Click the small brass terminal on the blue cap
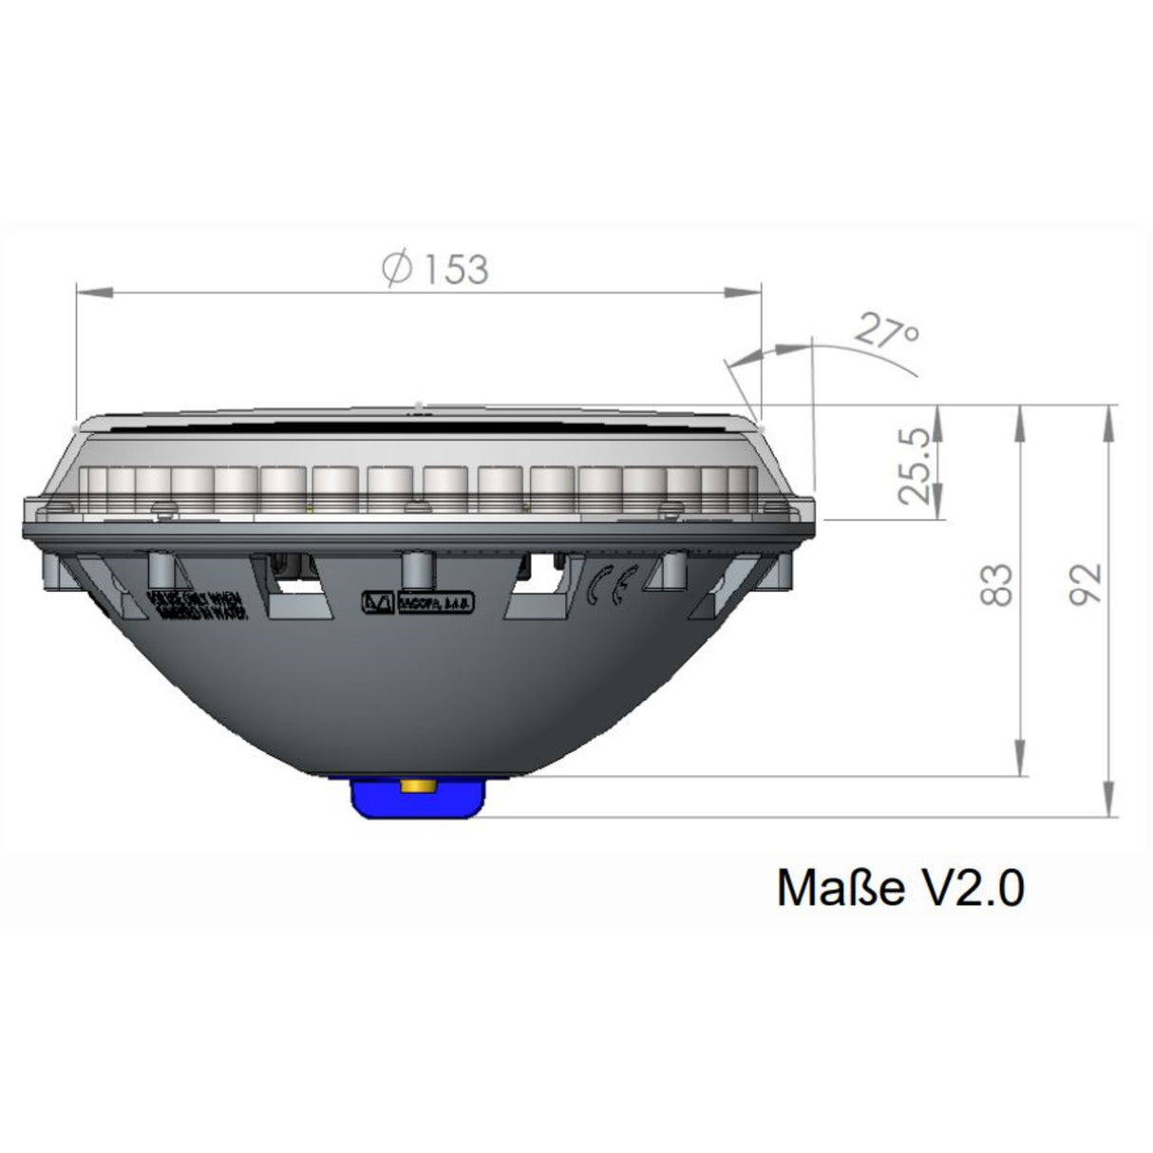click(418, 785)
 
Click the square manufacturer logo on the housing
click(376, 603)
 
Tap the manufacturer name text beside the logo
click(427, 602)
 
